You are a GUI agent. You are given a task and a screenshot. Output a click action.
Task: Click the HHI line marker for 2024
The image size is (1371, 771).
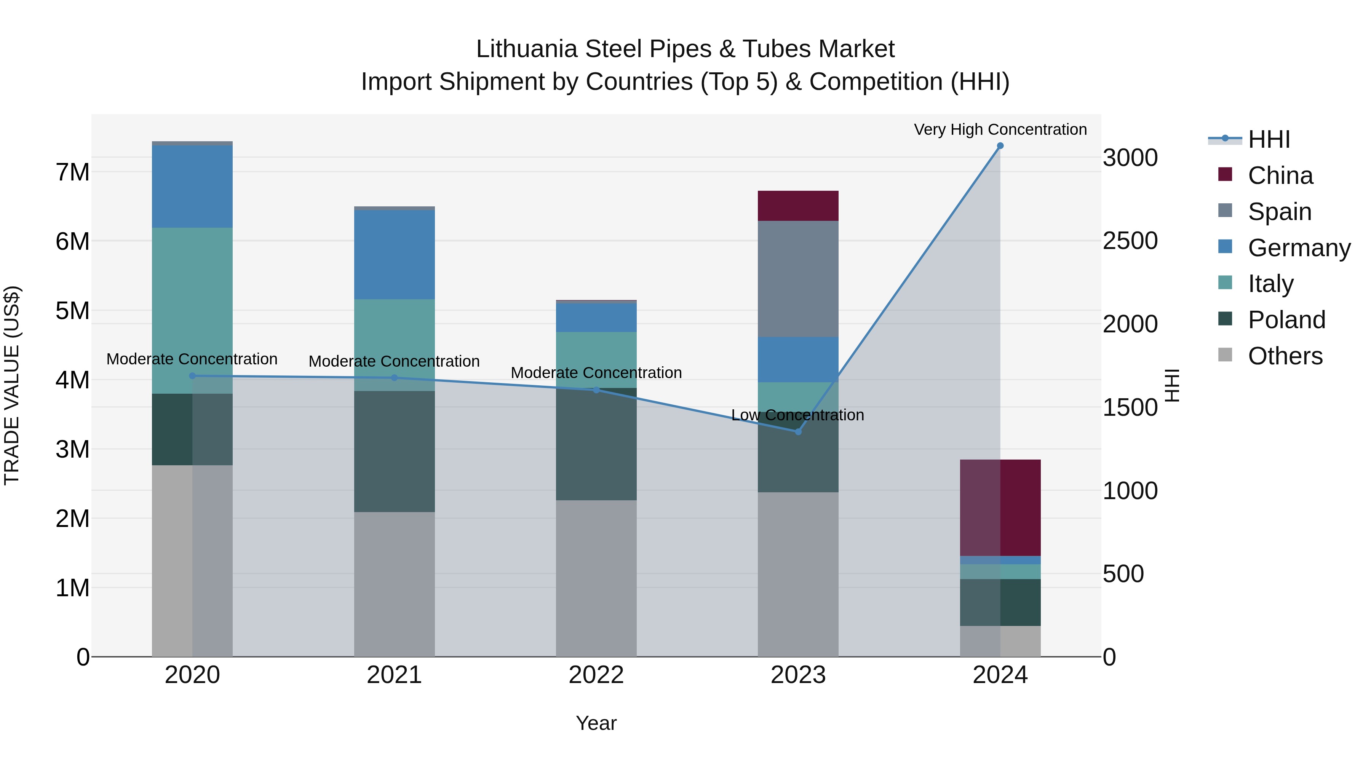pos(1000,146)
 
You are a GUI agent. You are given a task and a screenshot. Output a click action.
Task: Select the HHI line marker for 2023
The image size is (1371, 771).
pos(798,431)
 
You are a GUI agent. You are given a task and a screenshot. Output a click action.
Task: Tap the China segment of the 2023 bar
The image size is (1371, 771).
pos(798,206)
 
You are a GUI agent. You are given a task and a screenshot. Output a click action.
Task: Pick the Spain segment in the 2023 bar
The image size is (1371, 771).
pos(798,279)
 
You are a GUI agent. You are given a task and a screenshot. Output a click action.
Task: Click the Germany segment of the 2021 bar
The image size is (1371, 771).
pos(395,254)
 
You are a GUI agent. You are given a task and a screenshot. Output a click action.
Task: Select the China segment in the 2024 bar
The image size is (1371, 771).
pos(1000,508)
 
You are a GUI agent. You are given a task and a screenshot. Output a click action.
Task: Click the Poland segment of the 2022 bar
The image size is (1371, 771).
pos(596,444)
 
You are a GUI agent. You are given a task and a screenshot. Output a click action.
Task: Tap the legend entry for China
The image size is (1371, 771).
pos(1280,176)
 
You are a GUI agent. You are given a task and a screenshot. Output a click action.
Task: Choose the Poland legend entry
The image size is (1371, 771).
pos(1286,320)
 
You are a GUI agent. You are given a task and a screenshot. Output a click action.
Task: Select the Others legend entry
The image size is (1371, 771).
pos(1285,356)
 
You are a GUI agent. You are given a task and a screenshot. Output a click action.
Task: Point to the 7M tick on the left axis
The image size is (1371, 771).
pos(72,172)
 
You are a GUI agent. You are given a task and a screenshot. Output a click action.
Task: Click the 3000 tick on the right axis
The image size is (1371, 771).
pos(1130,158)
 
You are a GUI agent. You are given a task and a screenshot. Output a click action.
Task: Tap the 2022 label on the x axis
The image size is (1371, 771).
pos(596,675)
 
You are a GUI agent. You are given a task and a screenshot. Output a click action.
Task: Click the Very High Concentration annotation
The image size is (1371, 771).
pos(1000,129)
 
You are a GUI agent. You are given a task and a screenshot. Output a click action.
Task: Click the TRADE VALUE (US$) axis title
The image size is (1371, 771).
pos(12,385)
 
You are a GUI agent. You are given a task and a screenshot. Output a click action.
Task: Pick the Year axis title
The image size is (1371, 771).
pos(596,723)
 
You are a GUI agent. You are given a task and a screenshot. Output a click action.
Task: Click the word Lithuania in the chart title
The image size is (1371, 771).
pos(526,49)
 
